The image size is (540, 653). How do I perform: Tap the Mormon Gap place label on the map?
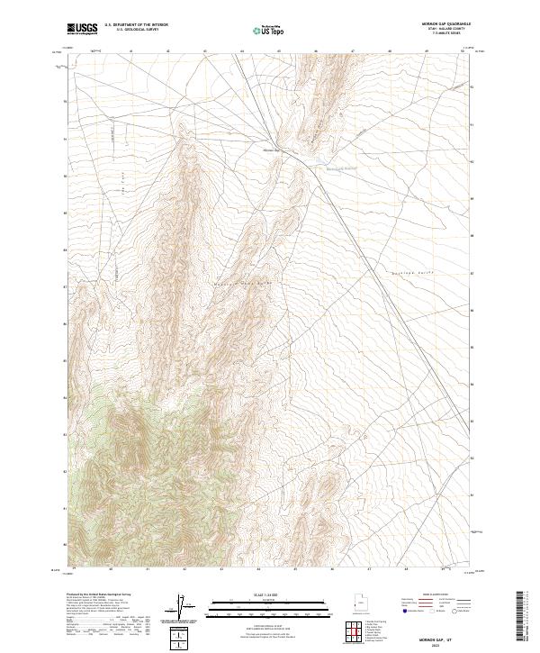[x=272, y=150]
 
